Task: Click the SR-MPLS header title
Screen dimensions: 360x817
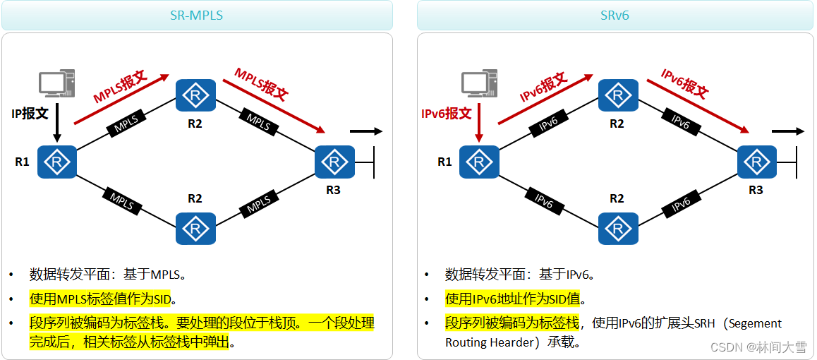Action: click(x=196, y=15)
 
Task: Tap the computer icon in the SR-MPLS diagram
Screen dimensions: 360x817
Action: click(x=57, y=83)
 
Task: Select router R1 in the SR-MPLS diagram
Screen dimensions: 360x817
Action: click(x=57, y=162)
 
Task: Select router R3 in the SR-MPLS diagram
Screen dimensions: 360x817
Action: click(x=334, y=162)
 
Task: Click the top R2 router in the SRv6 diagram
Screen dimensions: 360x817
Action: click(x=617, y=95)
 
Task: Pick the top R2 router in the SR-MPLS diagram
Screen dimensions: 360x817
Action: click(x=195, y=95)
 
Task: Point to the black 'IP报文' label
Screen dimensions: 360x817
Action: click(x=30, y=113)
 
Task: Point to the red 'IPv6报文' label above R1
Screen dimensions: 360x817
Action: click(x=446, y=113)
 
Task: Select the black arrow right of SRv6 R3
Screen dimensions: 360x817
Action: click(x=787, y=131)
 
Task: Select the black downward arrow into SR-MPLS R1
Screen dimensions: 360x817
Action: click(x=57, y=124)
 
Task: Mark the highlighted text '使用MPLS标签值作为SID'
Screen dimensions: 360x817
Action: click(x=100, y=299)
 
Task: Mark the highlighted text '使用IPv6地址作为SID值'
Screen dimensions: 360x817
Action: click(x=515, y=299)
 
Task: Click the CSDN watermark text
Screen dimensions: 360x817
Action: click(x=758, y=347)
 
